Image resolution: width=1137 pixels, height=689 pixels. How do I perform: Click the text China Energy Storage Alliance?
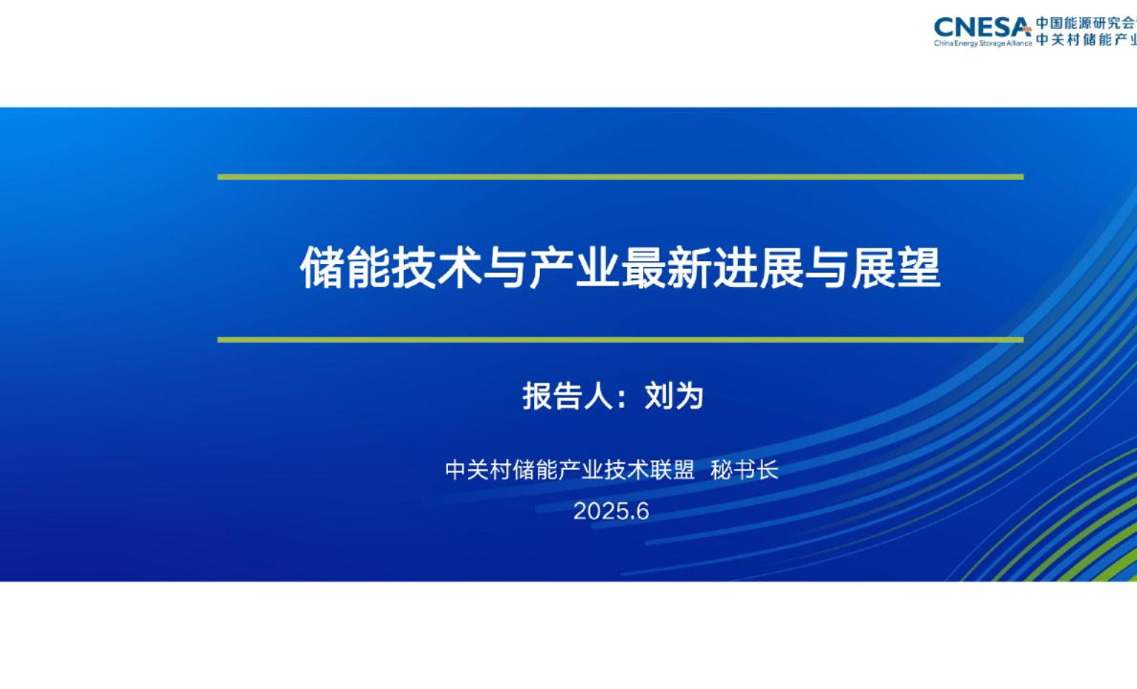(983, 43)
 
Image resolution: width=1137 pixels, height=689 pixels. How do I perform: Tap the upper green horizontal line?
(620, 177)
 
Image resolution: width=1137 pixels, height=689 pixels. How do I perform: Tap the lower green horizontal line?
(620, 339)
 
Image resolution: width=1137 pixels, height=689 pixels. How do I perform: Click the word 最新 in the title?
(666, 268)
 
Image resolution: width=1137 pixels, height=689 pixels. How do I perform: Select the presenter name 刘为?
(674, 396)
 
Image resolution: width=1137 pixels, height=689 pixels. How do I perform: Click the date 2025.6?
(612, 512)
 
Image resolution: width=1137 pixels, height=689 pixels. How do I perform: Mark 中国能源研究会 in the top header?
(1086, 22)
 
